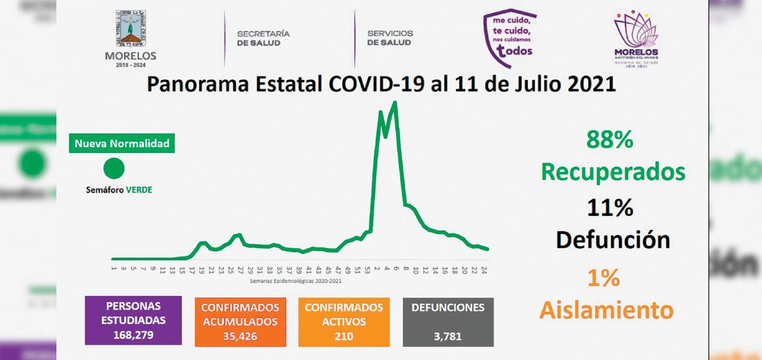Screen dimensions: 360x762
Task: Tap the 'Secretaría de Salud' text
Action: [x=263, y=38]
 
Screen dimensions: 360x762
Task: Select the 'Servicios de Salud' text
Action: [x=390, y=38]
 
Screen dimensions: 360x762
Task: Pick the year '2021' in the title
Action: [x=584, y=84]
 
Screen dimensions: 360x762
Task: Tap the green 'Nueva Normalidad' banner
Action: [x=122, y=144]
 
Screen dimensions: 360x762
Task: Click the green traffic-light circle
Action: [x=113, y=169]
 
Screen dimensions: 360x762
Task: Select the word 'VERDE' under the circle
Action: [x=139, y=190]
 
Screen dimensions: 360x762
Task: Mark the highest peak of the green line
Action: [x=395, y=103]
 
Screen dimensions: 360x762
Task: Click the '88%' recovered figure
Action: [x=610, y=140]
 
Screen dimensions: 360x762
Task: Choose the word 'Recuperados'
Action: [x=613, y=172]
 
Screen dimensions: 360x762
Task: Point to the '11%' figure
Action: [x=610, y=208]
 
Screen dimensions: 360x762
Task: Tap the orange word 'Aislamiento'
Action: [x=606, y=310]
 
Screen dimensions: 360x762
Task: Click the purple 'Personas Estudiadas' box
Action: [x=133, y=320]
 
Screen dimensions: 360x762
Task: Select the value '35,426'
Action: [x=239, y=337]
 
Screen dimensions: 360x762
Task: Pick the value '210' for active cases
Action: [x=344, y=336]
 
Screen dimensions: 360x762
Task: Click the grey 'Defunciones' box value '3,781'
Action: [x=448, y=336]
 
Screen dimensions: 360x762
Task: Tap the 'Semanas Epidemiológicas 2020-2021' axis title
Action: [x=296, y=281]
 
